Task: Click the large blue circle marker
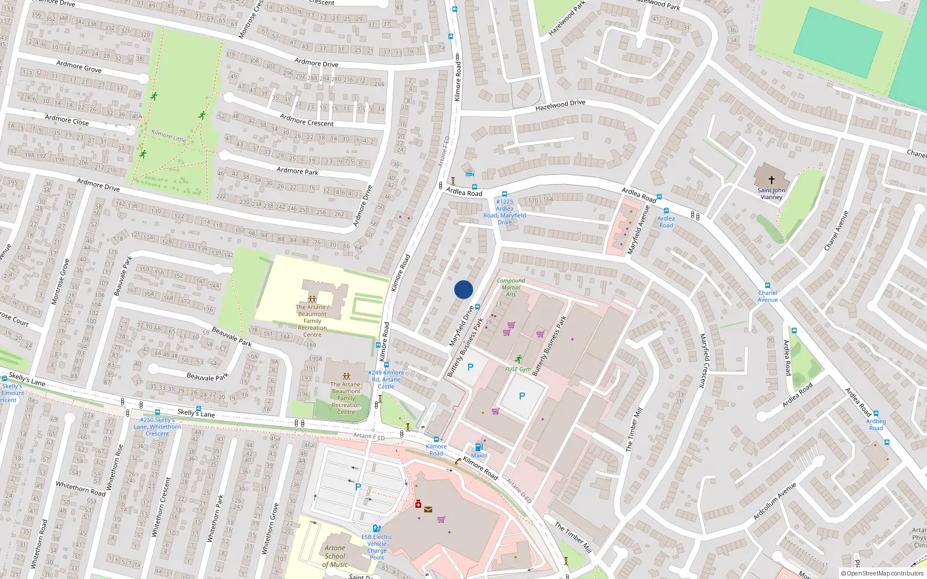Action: point(463,289)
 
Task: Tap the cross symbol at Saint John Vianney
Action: point(771,180)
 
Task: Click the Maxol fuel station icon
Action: point(479,447)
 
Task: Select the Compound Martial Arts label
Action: point(510,287)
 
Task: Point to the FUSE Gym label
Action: point(517,369)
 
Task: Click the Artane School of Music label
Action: point(335,556)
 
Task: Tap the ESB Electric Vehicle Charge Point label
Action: point(377,547)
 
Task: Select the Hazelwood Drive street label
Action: point(560,105)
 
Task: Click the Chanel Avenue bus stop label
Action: point(768,296)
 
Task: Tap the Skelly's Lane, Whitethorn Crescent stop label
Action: point(157,427)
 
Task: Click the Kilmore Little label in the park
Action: point(169,135)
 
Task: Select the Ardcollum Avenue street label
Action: point(775,501)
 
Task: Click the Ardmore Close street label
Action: point(67,120)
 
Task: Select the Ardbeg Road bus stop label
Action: point(876,424)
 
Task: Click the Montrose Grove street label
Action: point(60,282)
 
